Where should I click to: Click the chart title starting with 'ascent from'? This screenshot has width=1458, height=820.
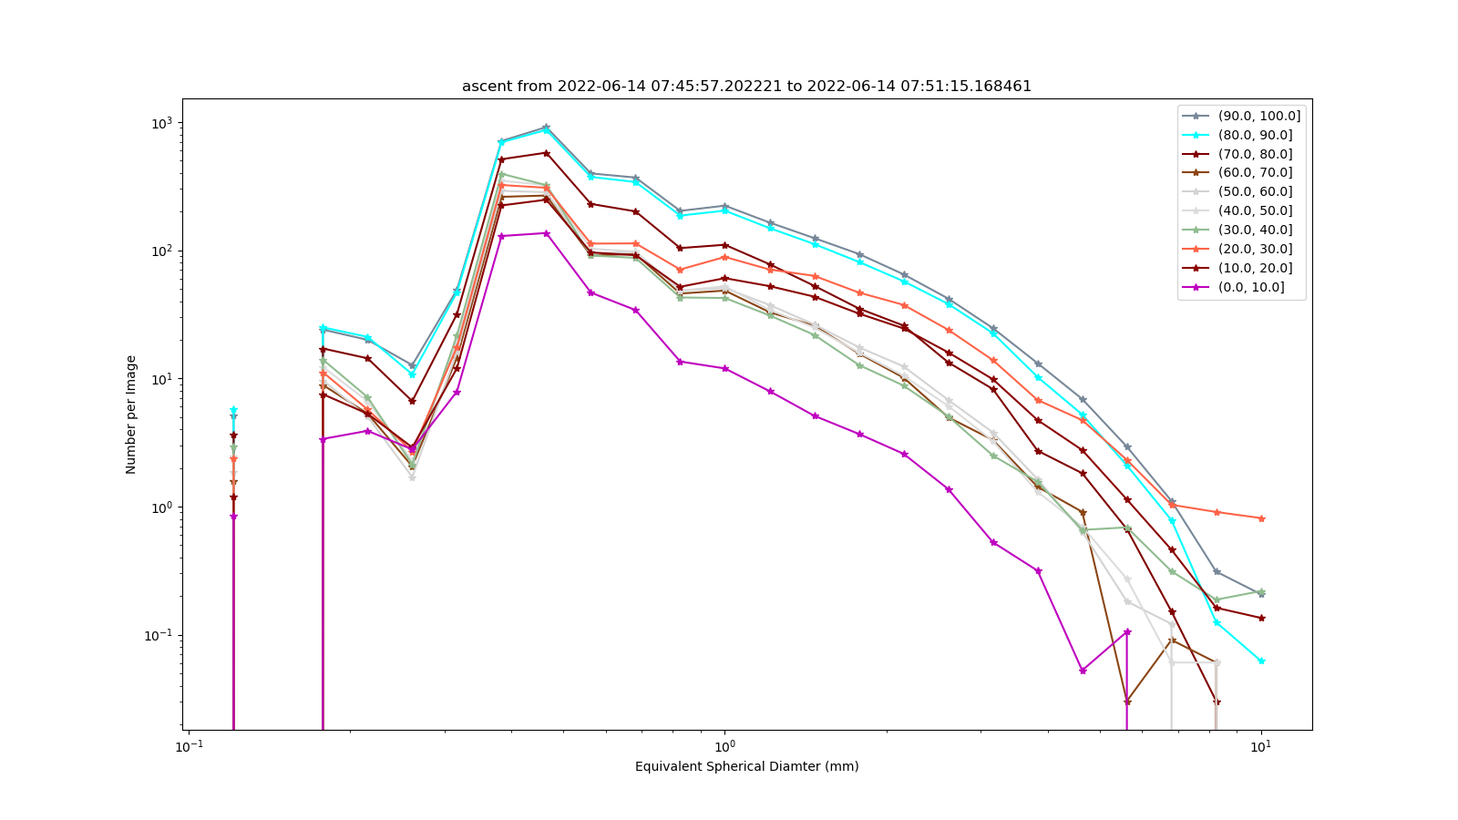[746, 86]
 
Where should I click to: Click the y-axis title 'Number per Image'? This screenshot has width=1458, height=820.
[131, 415]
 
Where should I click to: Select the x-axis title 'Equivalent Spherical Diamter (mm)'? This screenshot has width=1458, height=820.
[746, 766]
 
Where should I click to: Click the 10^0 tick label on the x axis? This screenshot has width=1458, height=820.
[724, 746]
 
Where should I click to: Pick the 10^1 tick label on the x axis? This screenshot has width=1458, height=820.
[1261, 746]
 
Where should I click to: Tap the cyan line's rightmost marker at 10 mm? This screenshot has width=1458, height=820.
[1261, 661]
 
